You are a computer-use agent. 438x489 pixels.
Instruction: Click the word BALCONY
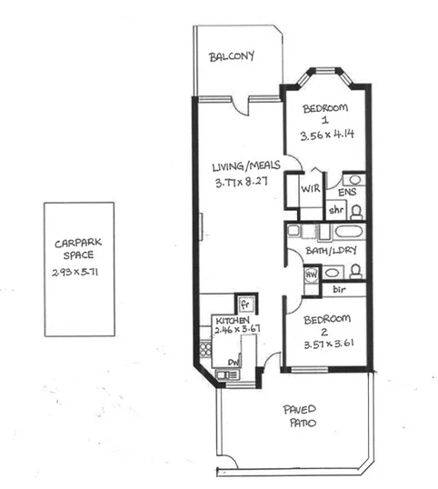coord(232,57)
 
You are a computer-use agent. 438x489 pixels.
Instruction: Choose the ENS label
coord(346,193)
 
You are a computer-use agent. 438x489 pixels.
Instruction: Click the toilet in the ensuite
coord(356,210)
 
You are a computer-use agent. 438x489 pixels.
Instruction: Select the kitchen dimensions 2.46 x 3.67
coord(235,328)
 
